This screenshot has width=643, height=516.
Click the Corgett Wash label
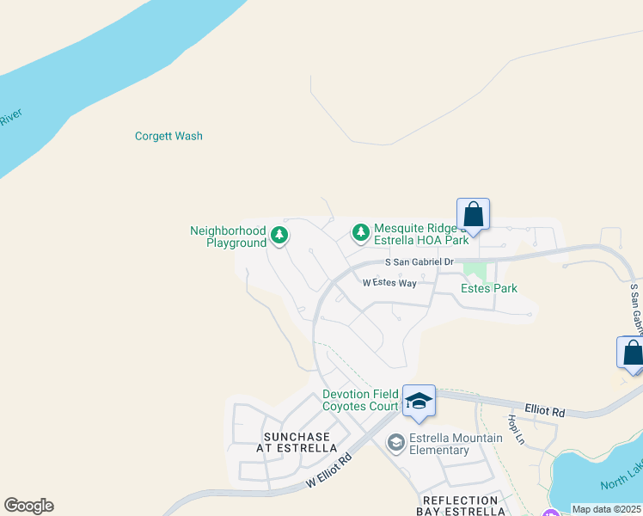168,136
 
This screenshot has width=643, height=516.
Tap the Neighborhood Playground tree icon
279,234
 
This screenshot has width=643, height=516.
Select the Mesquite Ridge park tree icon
361,232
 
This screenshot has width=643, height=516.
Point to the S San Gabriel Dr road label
419,261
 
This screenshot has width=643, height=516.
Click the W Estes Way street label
389,282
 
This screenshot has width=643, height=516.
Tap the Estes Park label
489,288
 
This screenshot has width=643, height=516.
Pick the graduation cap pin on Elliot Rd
419,402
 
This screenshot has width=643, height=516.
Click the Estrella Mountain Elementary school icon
395,443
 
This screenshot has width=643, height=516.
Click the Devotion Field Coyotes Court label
360,400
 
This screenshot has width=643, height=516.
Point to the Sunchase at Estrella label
297,442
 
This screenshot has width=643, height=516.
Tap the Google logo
28,506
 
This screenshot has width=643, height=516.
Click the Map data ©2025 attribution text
606,509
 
